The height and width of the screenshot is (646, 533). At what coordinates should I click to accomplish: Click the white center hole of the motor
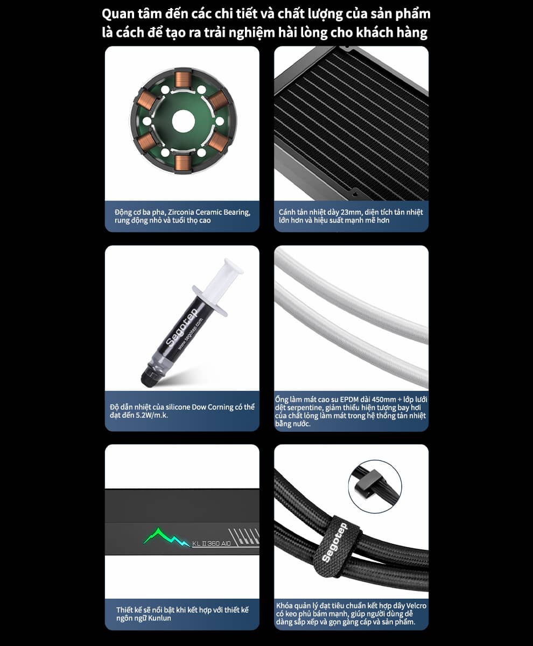coord(183,121)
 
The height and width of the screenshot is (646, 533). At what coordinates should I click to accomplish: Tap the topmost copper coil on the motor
coord(183,80)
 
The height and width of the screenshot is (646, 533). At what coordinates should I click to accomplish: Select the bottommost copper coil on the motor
coord(183,162)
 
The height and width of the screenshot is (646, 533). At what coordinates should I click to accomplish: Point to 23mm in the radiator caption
coord(351,212)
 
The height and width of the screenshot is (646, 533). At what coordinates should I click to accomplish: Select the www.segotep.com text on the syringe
coord(191,334)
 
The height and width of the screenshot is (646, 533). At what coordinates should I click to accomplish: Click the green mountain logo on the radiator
coord(166,537)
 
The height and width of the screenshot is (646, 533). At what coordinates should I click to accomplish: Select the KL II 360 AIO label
coord(212,543)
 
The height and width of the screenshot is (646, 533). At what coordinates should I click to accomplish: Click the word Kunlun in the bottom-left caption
coord(160,618)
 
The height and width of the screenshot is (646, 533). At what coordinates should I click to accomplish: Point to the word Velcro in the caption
coord(416,606)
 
